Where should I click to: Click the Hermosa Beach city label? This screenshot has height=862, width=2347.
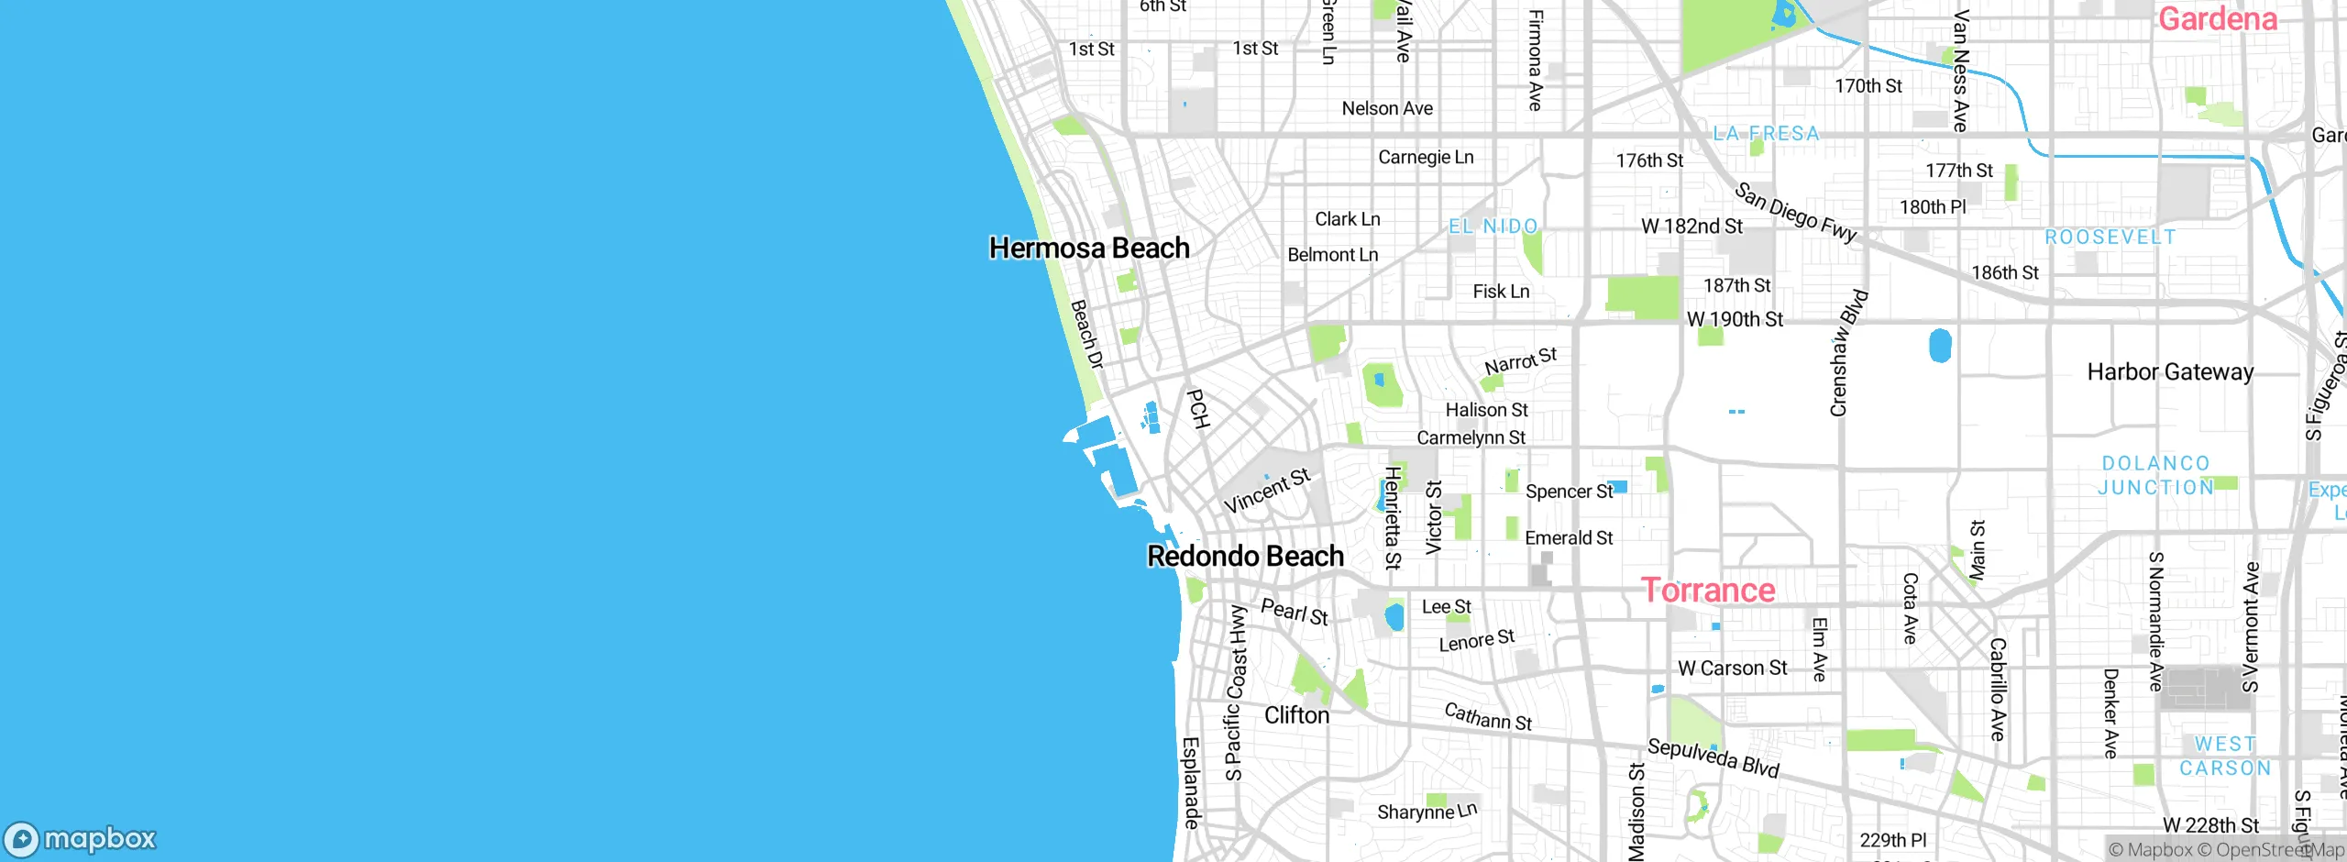pos(1089,249)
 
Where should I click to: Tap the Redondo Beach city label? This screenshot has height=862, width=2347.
pos(1245,557)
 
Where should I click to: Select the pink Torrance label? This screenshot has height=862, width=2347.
pos(1707,591)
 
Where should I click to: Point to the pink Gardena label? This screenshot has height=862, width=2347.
pos(2217,19)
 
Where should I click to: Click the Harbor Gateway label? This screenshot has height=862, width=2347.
pos(2170,372)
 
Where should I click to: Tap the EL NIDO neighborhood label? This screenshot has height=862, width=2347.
pos(1493,227)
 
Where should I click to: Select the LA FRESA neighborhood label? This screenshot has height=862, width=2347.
pos(1766,134)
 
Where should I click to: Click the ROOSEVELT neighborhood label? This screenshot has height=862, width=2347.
pos(2110,238)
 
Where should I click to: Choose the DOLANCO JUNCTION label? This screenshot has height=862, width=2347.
pos(2155,476)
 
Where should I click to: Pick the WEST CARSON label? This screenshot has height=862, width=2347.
pos(2224,757)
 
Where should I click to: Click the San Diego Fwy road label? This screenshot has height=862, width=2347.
pos(1796,213)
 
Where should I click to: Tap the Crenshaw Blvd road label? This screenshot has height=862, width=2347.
pos(1847,353)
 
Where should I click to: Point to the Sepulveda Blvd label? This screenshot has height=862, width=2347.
pos(1713,757)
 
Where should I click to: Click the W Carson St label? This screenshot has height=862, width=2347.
pos(1732,669)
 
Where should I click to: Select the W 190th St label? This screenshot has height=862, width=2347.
pos(1735,320)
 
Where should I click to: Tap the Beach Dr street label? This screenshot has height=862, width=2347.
pos(1086,335)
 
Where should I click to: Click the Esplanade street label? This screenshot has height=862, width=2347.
pos(1191,782)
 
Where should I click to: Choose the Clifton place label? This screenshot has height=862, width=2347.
pos(1296,716)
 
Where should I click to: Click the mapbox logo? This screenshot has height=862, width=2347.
pos(81,838)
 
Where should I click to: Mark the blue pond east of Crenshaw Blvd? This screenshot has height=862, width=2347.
pos(1940,346)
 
